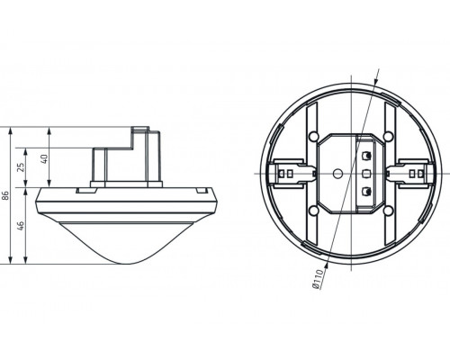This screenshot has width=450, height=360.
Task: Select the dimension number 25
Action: click(22, 168)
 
